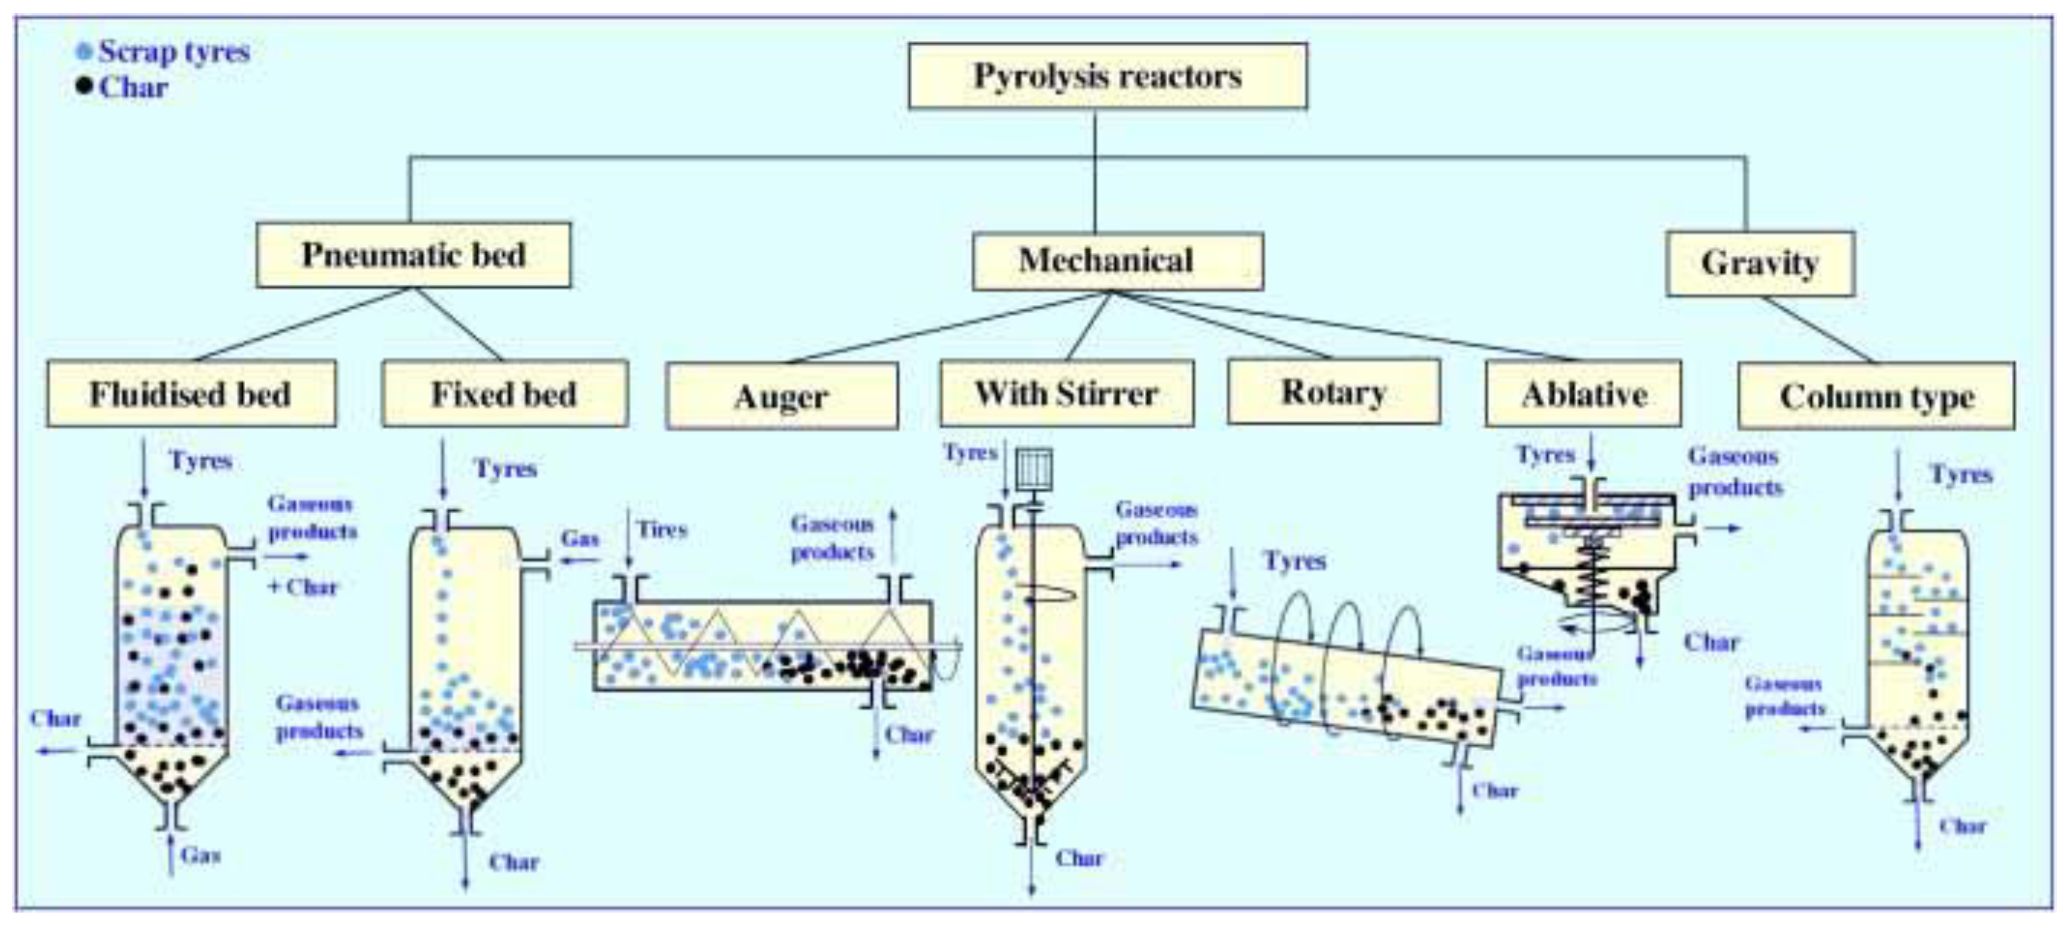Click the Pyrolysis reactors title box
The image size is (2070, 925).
(1107, 77)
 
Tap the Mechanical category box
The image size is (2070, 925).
(1117, 261)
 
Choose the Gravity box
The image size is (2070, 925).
(1760, 263)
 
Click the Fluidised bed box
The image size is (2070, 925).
(191, 394)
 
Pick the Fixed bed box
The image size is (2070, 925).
(504, 394)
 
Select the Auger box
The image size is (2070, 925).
(781, 396)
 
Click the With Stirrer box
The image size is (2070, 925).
(1066, 393)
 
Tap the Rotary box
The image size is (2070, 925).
(1333, 392)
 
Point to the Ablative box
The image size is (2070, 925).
(1583, 394)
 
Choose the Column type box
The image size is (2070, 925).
(1875, 396)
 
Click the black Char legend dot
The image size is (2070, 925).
(84, 86)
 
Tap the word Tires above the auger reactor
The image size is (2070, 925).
(662, 530)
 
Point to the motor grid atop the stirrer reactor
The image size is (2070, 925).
(1033, 469)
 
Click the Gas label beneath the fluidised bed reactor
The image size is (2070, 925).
(200, 854)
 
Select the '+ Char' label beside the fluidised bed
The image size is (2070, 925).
(302, 587)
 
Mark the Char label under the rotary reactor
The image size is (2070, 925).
(1495, 791)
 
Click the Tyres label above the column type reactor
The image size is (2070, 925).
(1961, 474)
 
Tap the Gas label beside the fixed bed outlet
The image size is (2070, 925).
(579, 538)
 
